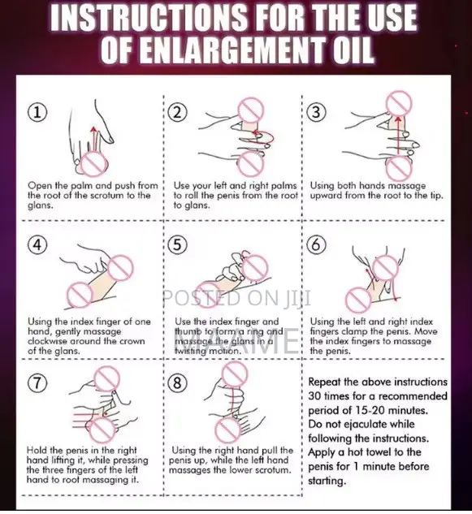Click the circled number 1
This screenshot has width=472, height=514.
click(37, 112)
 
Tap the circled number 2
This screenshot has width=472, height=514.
click(177, 112)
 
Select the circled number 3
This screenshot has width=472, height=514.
click(316, 112)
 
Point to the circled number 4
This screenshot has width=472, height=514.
click(37, 245)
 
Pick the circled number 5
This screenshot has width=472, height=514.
click(177, 245)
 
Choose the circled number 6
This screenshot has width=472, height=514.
click(316, 245)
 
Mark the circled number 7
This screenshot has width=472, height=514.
click(37, 383)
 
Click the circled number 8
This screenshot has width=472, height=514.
click(177, 383)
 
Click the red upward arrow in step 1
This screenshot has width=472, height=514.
click(94, 139)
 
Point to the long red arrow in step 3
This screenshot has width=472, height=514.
click(398, 135)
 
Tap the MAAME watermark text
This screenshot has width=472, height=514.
click(236, 342)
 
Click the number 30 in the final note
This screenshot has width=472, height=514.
click(314, 396)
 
